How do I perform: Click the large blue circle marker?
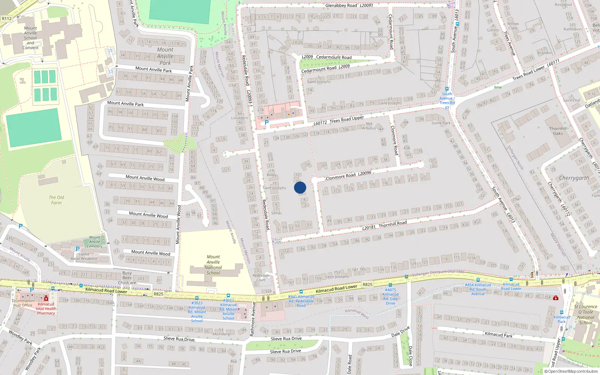tap(300, 187)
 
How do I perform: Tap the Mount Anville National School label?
tap(213, 265)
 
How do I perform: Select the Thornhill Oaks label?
tap(558, 131)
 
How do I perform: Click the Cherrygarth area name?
tap(574, 178)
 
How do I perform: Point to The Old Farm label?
tap(56, 200)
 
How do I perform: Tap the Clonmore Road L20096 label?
tap(348, 175)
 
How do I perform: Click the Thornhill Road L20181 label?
tap(384, 225)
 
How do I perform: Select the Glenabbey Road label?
tap(349, 6)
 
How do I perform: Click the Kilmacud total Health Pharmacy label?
tap(46, 309)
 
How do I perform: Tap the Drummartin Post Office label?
tap(22, 303)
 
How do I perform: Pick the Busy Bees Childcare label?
tap(127, 278)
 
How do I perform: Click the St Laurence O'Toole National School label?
tap(585, 315)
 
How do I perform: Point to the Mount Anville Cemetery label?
tap(94, 241)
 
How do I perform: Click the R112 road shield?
tap(7, 18)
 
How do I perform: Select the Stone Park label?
tap(441, 123)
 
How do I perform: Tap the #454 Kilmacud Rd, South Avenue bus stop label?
tap(478, 289)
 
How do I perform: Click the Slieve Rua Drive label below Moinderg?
tap(179, 339)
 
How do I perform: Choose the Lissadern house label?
tap(239, 118)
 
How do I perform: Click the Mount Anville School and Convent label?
tap(30, 38)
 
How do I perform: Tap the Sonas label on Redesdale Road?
tap(276, 213)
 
